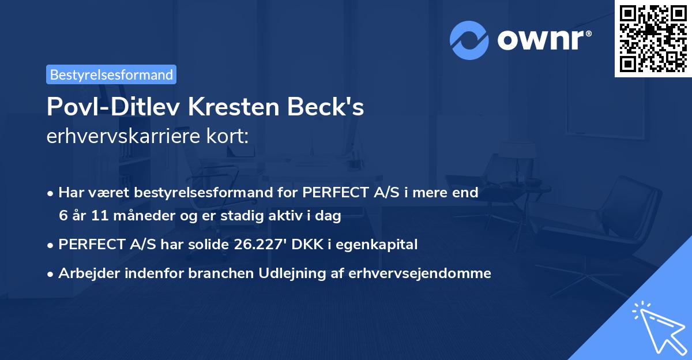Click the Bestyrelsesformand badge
[x=111, y=74]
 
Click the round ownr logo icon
[x=469, y=39]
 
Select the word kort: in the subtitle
[x=229, y=137]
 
